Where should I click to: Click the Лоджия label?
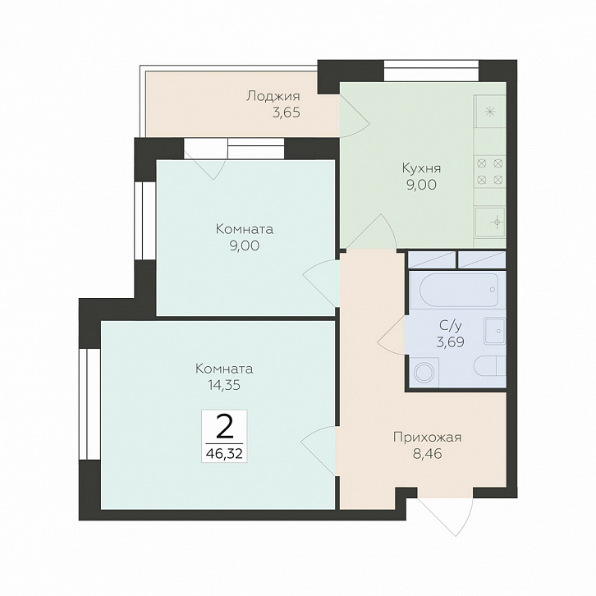pos(273,96)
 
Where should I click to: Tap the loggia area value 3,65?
pos(287,113)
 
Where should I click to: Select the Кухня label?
pos(421,168)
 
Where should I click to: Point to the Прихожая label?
pos(427,437)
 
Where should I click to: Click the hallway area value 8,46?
pos(427,454)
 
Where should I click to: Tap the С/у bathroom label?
pos(451,325)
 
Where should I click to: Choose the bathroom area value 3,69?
pos(451,342)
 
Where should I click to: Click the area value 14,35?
pos(224,385)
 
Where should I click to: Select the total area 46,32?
pos(224,453)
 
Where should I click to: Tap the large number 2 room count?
pos(224,426)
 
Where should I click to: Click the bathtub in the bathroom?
pos(459,290)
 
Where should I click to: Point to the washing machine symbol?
pos(424,373)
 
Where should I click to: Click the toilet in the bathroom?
pos(489,365)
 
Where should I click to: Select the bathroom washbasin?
pos(494,332)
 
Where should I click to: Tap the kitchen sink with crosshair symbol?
pos(490,222)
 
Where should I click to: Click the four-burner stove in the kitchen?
pos(490,171)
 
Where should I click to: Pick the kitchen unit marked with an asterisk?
pos(490,112)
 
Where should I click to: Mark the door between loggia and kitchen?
pos(355,115)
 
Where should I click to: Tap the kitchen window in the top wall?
pos(431,71)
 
